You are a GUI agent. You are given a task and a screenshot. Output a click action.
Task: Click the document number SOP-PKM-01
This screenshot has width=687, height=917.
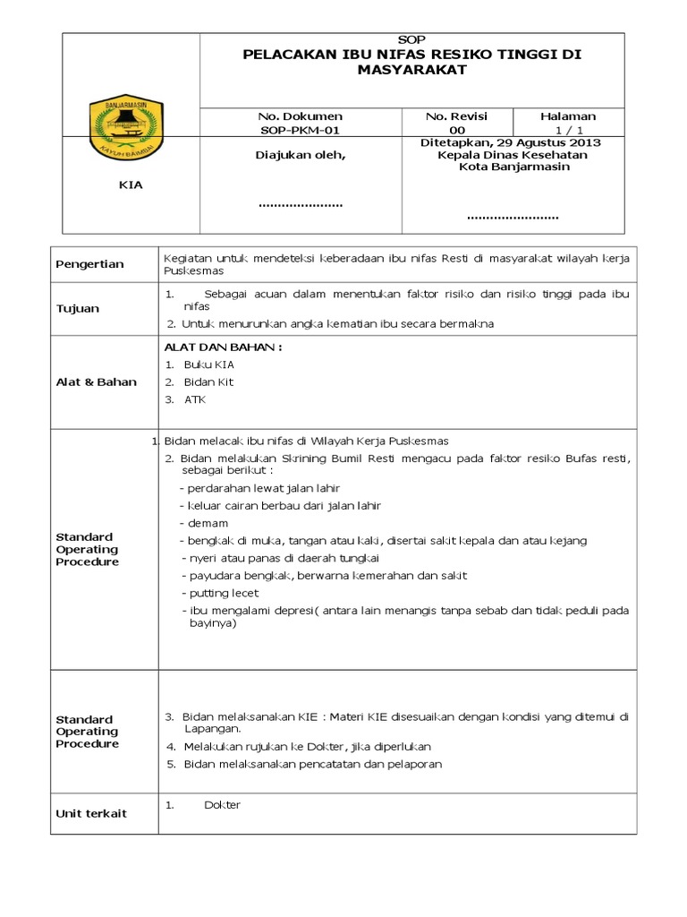click(300, 130)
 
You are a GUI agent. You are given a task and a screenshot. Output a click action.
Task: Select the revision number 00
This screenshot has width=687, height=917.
click(457, 130)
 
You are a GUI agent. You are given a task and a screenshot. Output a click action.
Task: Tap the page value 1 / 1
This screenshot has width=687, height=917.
click(568, 130)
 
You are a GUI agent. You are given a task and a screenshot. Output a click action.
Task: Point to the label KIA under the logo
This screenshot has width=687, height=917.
click(131, 185)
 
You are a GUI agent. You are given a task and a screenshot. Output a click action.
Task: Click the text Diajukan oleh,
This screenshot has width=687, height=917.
click(300, 155)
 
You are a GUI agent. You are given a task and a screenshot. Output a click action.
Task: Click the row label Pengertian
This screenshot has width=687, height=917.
click(90, 264)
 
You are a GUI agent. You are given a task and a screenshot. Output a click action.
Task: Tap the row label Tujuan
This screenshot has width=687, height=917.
click(78, 309)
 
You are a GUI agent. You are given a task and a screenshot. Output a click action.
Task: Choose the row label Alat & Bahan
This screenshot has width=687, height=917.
click(97, 382)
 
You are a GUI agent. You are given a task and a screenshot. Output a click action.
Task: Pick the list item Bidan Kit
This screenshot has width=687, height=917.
click(208, 382)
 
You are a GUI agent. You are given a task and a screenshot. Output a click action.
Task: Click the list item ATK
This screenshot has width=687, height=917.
click(194, 399)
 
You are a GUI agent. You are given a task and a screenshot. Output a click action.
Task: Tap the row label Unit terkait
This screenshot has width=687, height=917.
click(91, 814)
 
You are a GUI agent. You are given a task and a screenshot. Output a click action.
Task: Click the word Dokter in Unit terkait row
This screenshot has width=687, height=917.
click(222, 805)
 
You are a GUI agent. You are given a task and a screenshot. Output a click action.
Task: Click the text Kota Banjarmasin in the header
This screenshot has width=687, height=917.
click(511, 167)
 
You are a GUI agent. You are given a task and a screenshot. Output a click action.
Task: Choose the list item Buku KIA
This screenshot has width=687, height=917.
click(209, 364)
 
